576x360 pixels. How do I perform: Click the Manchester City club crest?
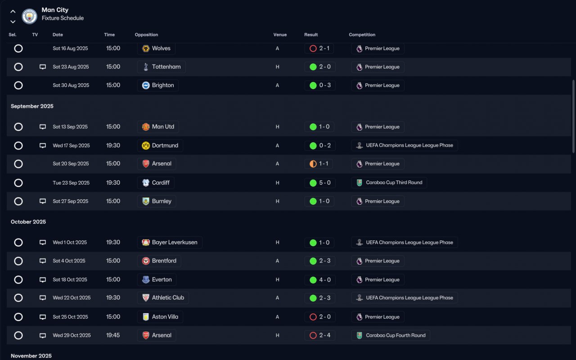coord(30,17)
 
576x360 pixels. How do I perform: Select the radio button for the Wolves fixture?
coord(18,48)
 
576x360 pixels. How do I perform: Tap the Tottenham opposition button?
coord(161,67)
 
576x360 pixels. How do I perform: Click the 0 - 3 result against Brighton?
coord(319,85)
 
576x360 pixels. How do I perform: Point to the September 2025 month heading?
coord(32,106)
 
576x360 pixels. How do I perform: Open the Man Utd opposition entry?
coord(158,127)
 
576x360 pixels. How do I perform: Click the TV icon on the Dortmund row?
coord(43,146)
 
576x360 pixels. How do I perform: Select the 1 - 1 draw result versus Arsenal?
coord(319,164)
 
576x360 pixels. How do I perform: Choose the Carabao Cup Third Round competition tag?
coord(389,183)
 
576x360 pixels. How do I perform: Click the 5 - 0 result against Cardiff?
coord(319,183)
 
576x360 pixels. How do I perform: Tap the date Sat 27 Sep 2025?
coord(70,201)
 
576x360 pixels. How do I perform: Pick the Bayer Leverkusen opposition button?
coord(170,243)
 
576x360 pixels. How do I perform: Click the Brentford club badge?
coord(146,261)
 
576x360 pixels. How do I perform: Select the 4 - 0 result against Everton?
coord(319,280)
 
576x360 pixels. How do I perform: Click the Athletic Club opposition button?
coord(163,297)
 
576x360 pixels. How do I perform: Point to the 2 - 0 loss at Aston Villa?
coord(319,317)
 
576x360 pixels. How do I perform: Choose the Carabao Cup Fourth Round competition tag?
coord(391,335)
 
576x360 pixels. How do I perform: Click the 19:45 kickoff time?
coord(113,335)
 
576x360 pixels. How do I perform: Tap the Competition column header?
coord(362,35)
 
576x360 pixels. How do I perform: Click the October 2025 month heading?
coord(28,222)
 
